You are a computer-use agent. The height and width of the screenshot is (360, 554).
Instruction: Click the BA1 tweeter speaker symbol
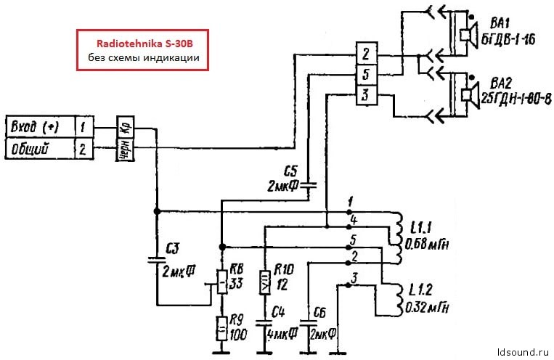[466, 32]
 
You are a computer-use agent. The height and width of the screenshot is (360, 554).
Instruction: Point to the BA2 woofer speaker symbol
[466, 92]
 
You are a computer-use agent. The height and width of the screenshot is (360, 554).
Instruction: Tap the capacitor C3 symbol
[156, 259]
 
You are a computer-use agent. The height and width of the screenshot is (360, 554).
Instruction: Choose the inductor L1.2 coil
[397, 299]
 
